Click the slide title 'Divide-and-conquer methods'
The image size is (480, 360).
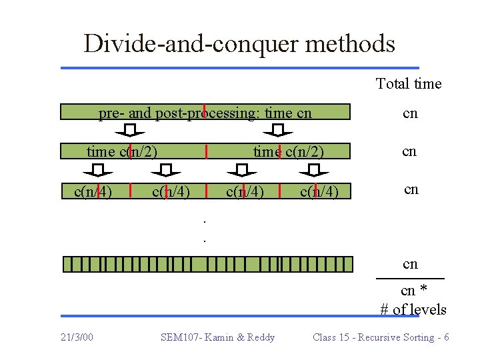[239, 44]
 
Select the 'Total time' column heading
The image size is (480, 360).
[409, 83]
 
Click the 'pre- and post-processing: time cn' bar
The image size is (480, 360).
[205, 112]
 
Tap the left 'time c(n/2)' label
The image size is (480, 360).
[122, 151]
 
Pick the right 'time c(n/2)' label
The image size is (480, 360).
[288, 151]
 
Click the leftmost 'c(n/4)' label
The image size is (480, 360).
[93, 192]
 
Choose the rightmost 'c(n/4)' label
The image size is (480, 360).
[319, 192]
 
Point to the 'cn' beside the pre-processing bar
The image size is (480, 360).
[410, 113]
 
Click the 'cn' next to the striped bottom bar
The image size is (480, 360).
[410, 263]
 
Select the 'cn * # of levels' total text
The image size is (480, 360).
[413, 300]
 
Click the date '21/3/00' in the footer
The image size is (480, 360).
[76, 337]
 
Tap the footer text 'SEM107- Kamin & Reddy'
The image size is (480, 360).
[217, 337]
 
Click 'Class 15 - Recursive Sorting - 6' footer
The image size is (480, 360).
[381, 337]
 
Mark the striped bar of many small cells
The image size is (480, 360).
[207, 264]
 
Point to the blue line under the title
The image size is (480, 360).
[239, 67]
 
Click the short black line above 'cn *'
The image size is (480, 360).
[410, 277]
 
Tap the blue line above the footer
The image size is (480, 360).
[239, 316]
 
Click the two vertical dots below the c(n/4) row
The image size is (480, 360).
[205, 229]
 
